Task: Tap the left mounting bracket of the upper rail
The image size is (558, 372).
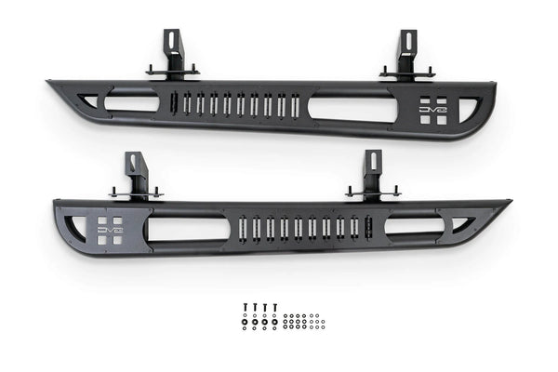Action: pyautogui.click(x=172, y=57)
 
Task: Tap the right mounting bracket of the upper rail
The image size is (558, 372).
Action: pyautogui.click(x=406, y=57)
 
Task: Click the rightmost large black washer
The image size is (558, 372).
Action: pyautogui.click(x=275, y=325)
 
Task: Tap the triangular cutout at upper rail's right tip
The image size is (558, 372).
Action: pyautogui.click(x=474, y=100)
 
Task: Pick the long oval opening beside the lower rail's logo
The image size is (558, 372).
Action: pyautogui.click(x=187, y=229)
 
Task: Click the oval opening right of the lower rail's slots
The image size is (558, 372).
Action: pyautogui.click(x=412, y=226)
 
